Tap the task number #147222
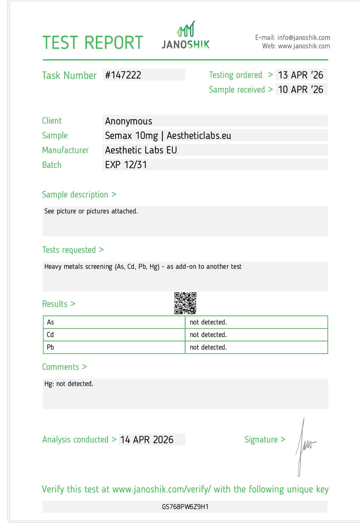pos(123,75)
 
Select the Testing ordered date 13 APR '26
pos(300,75)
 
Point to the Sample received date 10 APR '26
pos(300,89)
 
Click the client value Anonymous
pos(129,121)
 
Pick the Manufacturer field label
pos(65,150)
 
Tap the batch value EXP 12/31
pos(126,165)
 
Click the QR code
pos(185,303)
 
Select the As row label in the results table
pos(51,322)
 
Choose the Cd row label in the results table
pos(50,335)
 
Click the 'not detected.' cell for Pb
pos(208,347)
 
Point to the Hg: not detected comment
pos(69,384)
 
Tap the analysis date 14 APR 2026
pos(147,440)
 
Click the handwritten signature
pos(305,446)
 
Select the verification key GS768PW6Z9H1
pos(185,507)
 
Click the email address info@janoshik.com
pos(304,38)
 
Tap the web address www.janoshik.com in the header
pos(304,46)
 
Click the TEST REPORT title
pos(93,43)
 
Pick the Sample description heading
pos(75,195)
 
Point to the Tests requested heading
pos(69,250)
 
